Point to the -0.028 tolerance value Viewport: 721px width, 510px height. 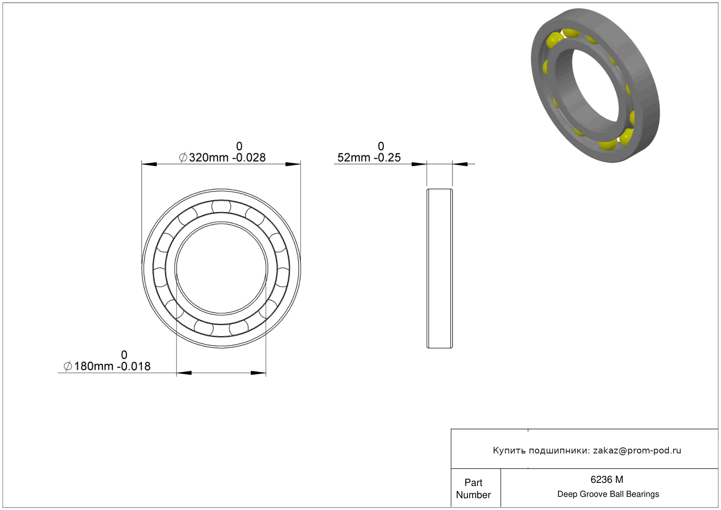(249, 157)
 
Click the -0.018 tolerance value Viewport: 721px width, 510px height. (134, 366)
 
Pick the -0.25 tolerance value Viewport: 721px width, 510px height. (387, 157)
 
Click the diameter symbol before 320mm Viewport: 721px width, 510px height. (183, 157)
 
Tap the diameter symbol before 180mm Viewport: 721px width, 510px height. (68, 366)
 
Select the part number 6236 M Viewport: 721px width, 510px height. (607, 479)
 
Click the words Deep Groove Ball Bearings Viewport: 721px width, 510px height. (608, 494)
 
